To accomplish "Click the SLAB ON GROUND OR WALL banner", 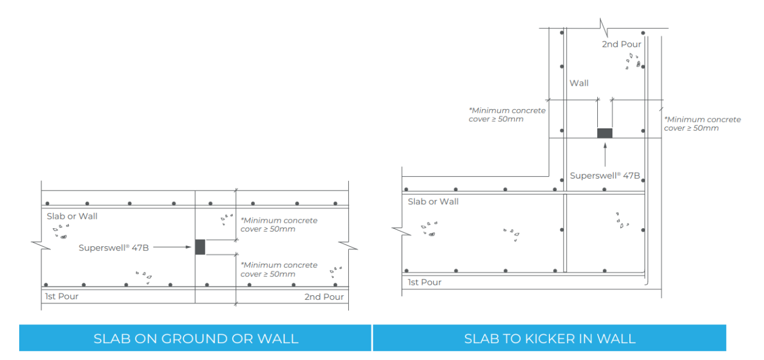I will [x=195, y=338].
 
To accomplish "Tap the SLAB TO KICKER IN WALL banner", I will [x=549, y=338].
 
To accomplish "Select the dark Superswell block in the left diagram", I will [x=200, y=247].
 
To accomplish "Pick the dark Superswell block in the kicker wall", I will [x=605, y=133].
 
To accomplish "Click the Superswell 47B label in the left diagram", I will [x=114, y=247].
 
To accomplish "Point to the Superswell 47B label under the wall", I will [x=605, y=175].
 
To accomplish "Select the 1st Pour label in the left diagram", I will [x=62, y=296].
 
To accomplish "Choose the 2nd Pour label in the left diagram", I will [x=324, y=297].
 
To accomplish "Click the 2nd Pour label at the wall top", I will [x=622, y=44].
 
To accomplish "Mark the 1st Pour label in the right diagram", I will [x=424, y=282].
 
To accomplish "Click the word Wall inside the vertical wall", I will [x=579, y=83].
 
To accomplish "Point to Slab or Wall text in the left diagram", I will [x=72, y=216].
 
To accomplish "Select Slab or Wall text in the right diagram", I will [x=433, y=202].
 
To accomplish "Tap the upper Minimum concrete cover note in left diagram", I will [x=279, y=225].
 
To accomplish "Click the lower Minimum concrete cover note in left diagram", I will [x=279, y=270].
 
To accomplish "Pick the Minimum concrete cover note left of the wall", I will [x=507, y=115].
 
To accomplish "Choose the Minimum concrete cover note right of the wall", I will [x=703, y=124].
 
